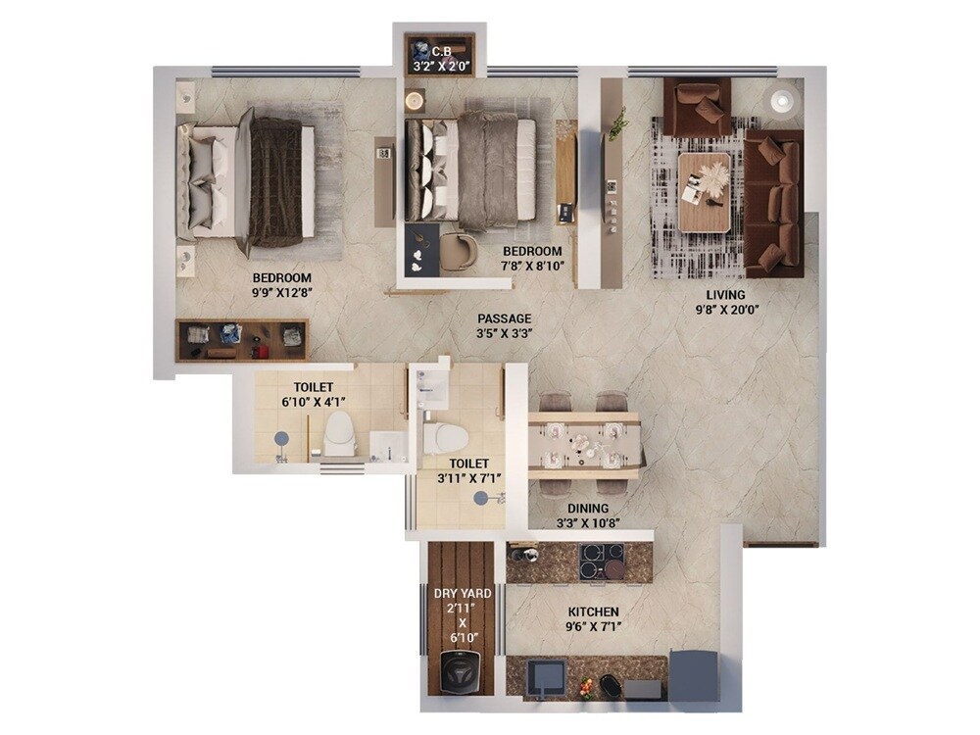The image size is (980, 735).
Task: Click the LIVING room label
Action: (726, 295)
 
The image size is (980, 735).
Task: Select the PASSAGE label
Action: (505, 318)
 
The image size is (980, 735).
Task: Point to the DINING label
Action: (588, 509)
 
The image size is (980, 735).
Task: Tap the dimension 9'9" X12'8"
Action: (282, 292)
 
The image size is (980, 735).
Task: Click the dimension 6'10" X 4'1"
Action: (314, 402)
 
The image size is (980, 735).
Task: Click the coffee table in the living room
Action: (704, 192)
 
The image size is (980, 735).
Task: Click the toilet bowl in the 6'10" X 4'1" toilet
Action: (339, 432)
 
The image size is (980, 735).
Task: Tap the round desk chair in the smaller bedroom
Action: (458, 252)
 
